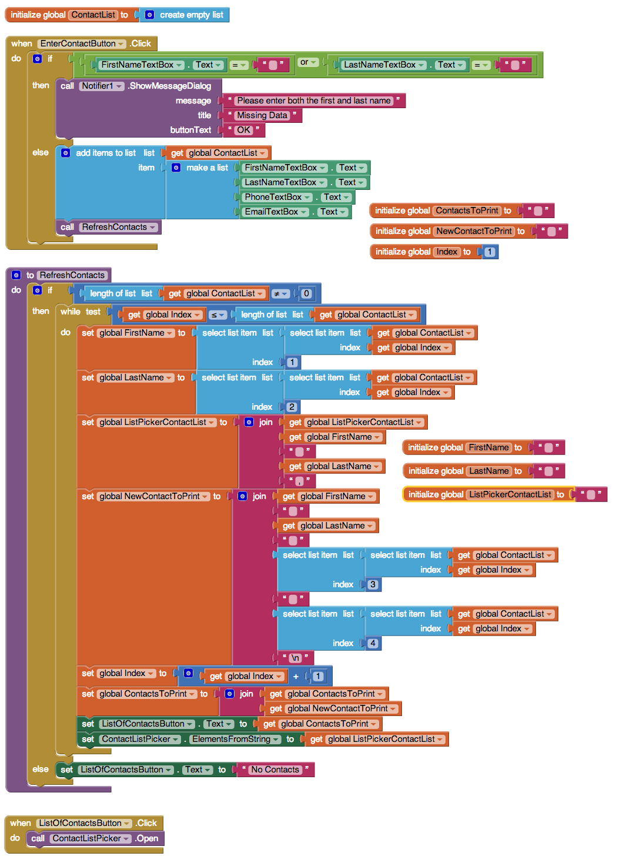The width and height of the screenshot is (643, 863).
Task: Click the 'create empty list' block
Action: (184, 15)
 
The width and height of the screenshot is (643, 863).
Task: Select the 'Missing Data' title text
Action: (262, 115)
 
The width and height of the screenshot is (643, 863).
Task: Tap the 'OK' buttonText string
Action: (243, 130)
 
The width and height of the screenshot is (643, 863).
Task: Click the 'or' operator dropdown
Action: (308, 62)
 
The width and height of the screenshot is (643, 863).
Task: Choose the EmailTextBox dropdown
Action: (275, 212)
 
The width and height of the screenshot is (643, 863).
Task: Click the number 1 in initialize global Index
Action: (490, 252)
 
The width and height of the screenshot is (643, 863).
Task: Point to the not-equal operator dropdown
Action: (280, 294)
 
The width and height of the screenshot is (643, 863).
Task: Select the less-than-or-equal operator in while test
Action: (217, 315)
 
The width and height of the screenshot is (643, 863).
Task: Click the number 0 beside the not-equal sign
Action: (306, 294)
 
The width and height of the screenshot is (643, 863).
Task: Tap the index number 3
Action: (373, 584)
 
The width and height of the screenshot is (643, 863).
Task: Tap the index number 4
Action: (373, 643)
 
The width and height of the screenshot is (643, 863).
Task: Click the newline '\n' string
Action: (295, 658)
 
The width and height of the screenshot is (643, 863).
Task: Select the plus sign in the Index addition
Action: (296, 676)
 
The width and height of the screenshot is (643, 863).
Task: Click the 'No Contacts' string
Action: (275, 770)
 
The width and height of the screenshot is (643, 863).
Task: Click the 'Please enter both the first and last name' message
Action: (314, 101)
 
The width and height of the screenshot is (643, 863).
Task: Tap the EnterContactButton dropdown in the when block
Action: (82, 44)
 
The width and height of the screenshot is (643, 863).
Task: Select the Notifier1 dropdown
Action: (102, 86)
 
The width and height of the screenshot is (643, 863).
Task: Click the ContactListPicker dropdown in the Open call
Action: (91, 838)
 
